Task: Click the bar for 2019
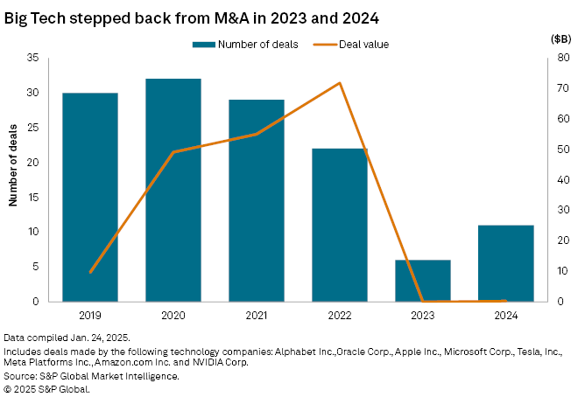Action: tap(90, 197)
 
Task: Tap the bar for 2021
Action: tap(257, 200)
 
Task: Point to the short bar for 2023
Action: tap(423, 281)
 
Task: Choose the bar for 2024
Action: tap(506, 263)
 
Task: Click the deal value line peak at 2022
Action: tap(340, 83)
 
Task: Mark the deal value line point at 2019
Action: tap(90, 273)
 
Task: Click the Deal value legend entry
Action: tap(358, 43)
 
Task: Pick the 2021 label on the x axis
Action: tap(257, 314)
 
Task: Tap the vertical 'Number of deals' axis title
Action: tap(13, 179)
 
